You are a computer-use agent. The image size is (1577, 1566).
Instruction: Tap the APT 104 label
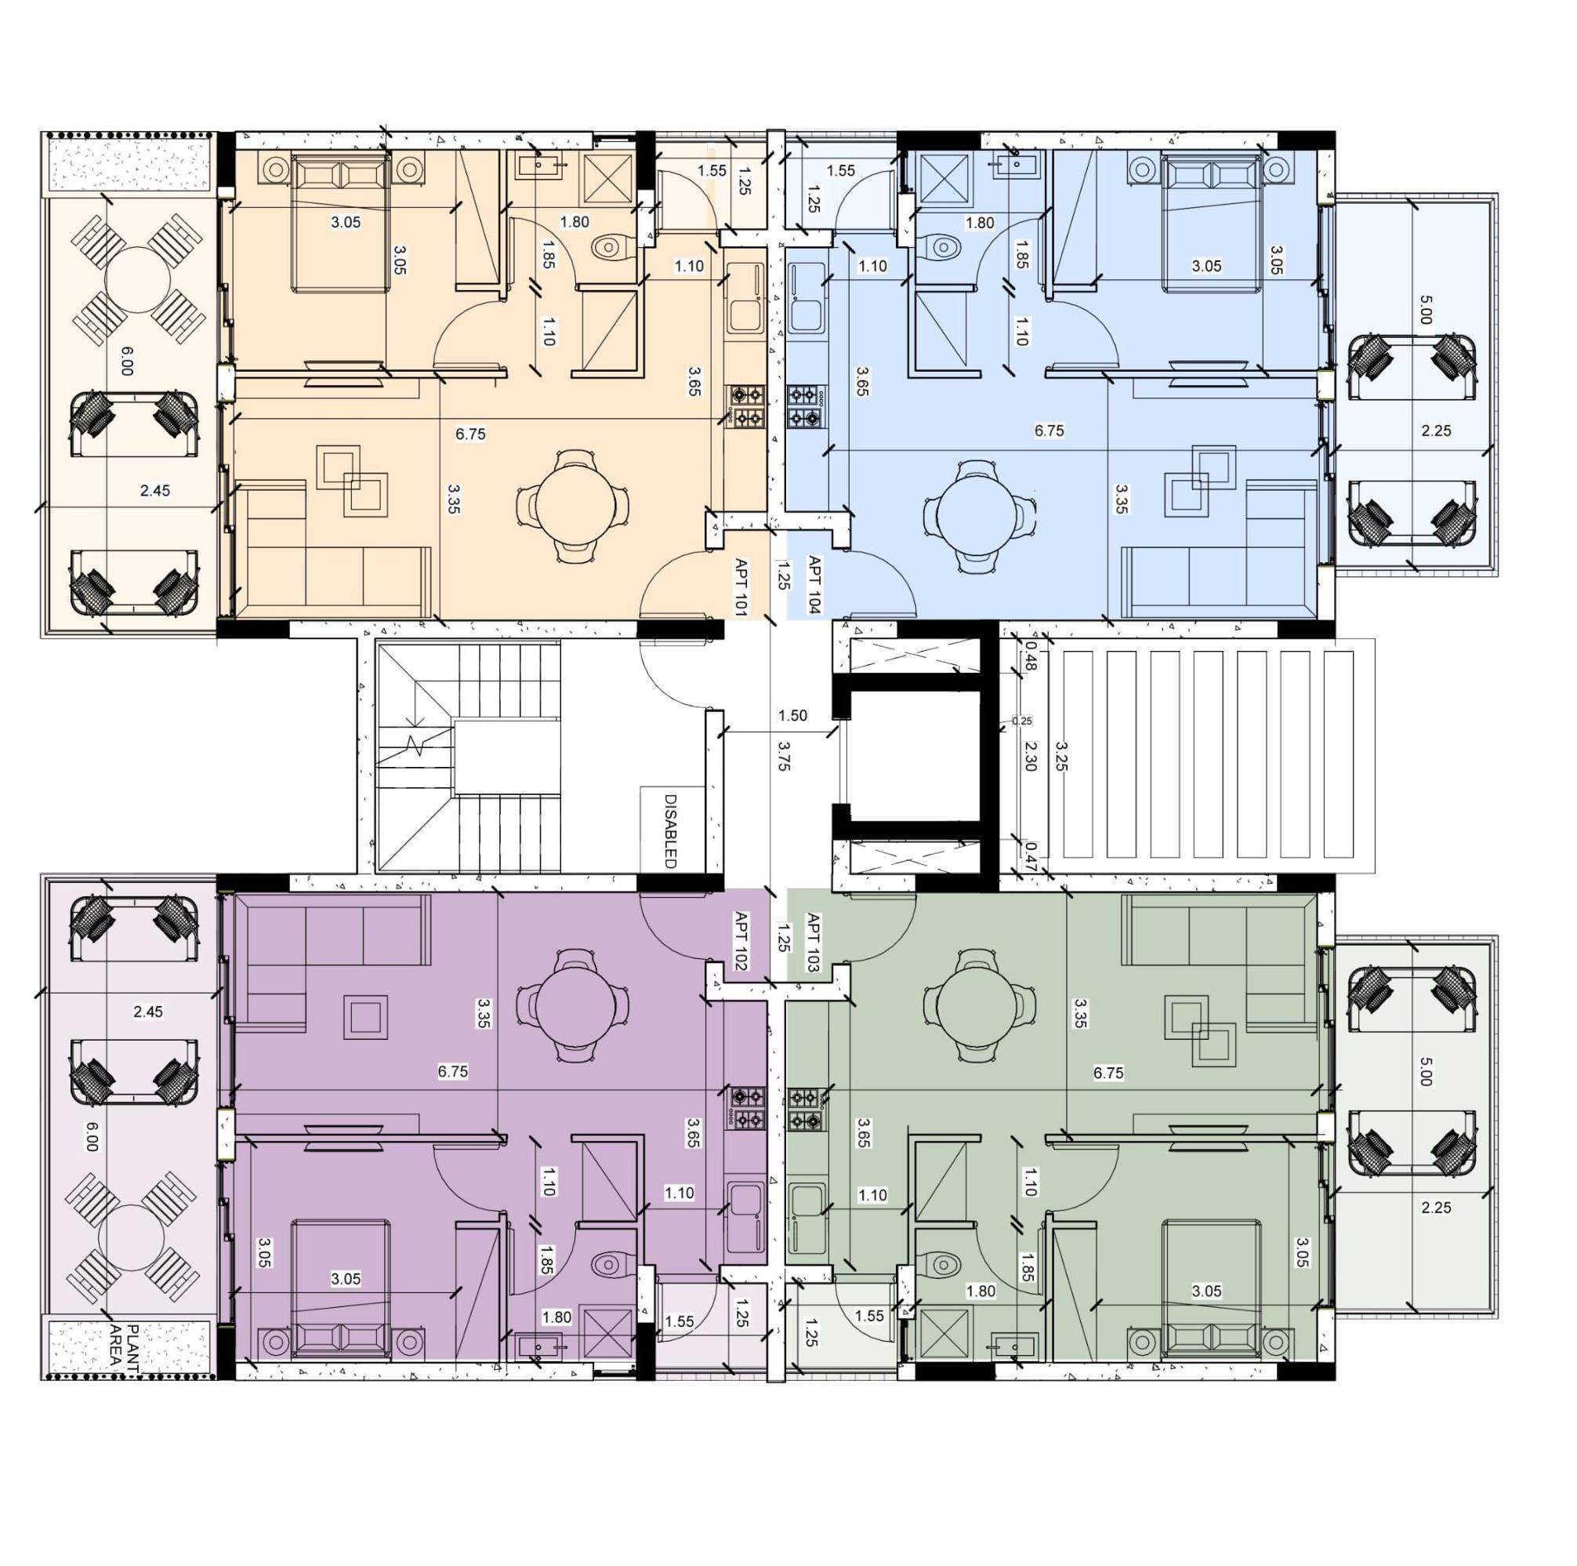pos(814,584)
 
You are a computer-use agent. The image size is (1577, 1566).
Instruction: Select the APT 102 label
pos(742,940)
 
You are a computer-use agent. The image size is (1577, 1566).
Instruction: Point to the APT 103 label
pos(813,940)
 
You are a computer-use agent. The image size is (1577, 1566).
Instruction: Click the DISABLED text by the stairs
pos(671,830)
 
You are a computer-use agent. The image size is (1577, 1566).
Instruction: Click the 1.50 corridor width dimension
pos(792,716)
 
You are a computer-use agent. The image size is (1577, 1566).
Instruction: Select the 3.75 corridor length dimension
pos(784,755)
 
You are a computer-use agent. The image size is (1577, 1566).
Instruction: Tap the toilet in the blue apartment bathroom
pos(945,245)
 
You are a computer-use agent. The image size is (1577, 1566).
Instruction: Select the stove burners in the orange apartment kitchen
pos(747,407)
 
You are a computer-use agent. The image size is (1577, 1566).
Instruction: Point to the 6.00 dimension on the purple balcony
pos(92,1135)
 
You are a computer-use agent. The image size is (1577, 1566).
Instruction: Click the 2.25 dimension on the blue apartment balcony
pos(1436,431)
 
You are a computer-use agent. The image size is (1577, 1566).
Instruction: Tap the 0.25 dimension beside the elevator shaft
pos(1022,721)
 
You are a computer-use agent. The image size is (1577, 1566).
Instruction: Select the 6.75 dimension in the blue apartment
pos(1049,431)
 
